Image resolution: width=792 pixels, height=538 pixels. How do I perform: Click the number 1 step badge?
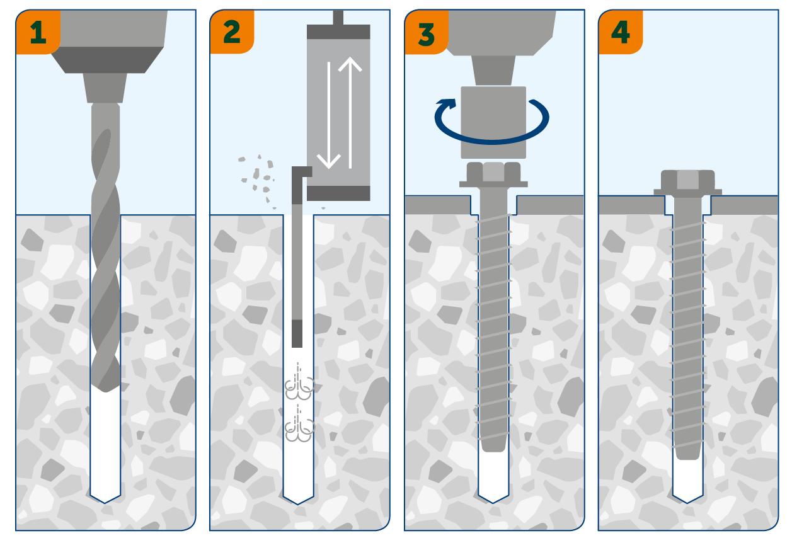38,31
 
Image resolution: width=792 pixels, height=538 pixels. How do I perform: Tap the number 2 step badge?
232,31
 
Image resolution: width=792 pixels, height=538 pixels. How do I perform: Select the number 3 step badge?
427,32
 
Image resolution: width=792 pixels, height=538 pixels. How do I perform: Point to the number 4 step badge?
621,31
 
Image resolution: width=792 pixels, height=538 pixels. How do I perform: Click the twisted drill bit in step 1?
105,248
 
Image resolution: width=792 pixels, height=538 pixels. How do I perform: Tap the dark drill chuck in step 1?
108,60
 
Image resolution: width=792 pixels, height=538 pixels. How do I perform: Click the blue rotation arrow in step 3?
491,141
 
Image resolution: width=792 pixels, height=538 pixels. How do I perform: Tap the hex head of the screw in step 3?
493,175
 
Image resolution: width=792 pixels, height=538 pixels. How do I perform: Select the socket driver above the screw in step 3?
493,122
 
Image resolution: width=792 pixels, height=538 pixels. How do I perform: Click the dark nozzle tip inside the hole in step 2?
297,334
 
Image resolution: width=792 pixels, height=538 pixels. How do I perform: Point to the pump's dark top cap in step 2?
338,31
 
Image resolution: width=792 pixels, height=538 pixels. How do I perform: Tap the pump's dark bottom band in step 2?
338,193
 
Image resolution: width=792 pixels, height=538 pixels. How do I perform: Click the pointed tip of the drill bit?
106,392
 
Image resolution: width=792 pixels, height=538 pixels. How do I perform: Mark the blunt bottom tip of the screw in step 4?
687,458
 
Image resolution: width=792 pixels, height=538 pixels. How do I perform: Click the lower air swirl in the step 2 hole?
299,424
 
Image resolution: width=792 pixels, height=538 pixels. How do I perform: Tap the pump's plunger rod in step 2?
338,17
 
